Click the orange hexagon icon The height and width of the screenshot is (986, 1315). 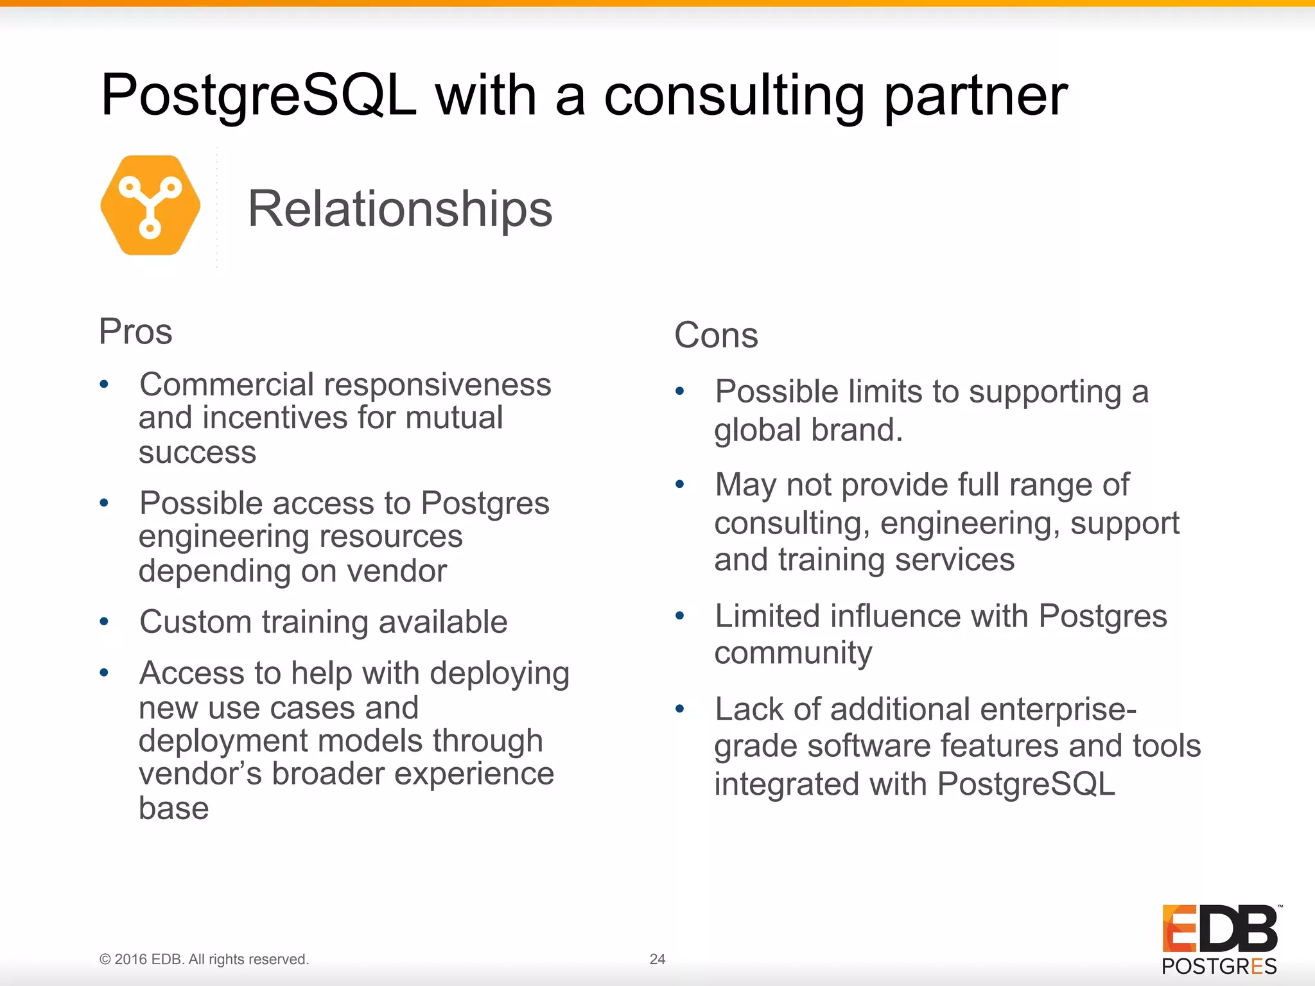pos(150,205)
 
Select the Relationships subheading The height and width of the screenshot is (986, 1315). pos(400,209)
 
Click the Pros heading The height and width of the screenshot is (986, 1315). pos(135,332)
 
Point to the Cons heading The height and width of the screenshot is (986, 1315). pos(716,335)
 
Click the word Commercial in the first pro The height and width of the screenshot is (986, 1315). pos(227,385)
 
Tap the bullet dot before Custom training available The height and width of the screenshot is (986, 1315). pos(104,622)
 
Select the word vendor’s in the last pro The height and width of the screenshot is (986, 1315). pos(200,774)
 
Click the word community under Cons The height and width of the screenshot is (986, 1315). pos(793,653)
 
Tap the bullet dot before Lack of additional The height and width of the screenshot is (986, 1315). pos(680,709)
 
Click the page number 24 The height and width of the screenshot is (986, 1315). pos(657,959)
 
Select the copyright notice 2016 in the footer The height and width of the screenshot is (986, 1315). pos(131,959)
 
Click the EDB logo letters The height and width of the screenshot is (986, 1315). pos(1219,929)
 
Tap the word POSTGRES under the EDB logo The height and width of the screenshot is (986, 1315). pos(1219,966)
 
